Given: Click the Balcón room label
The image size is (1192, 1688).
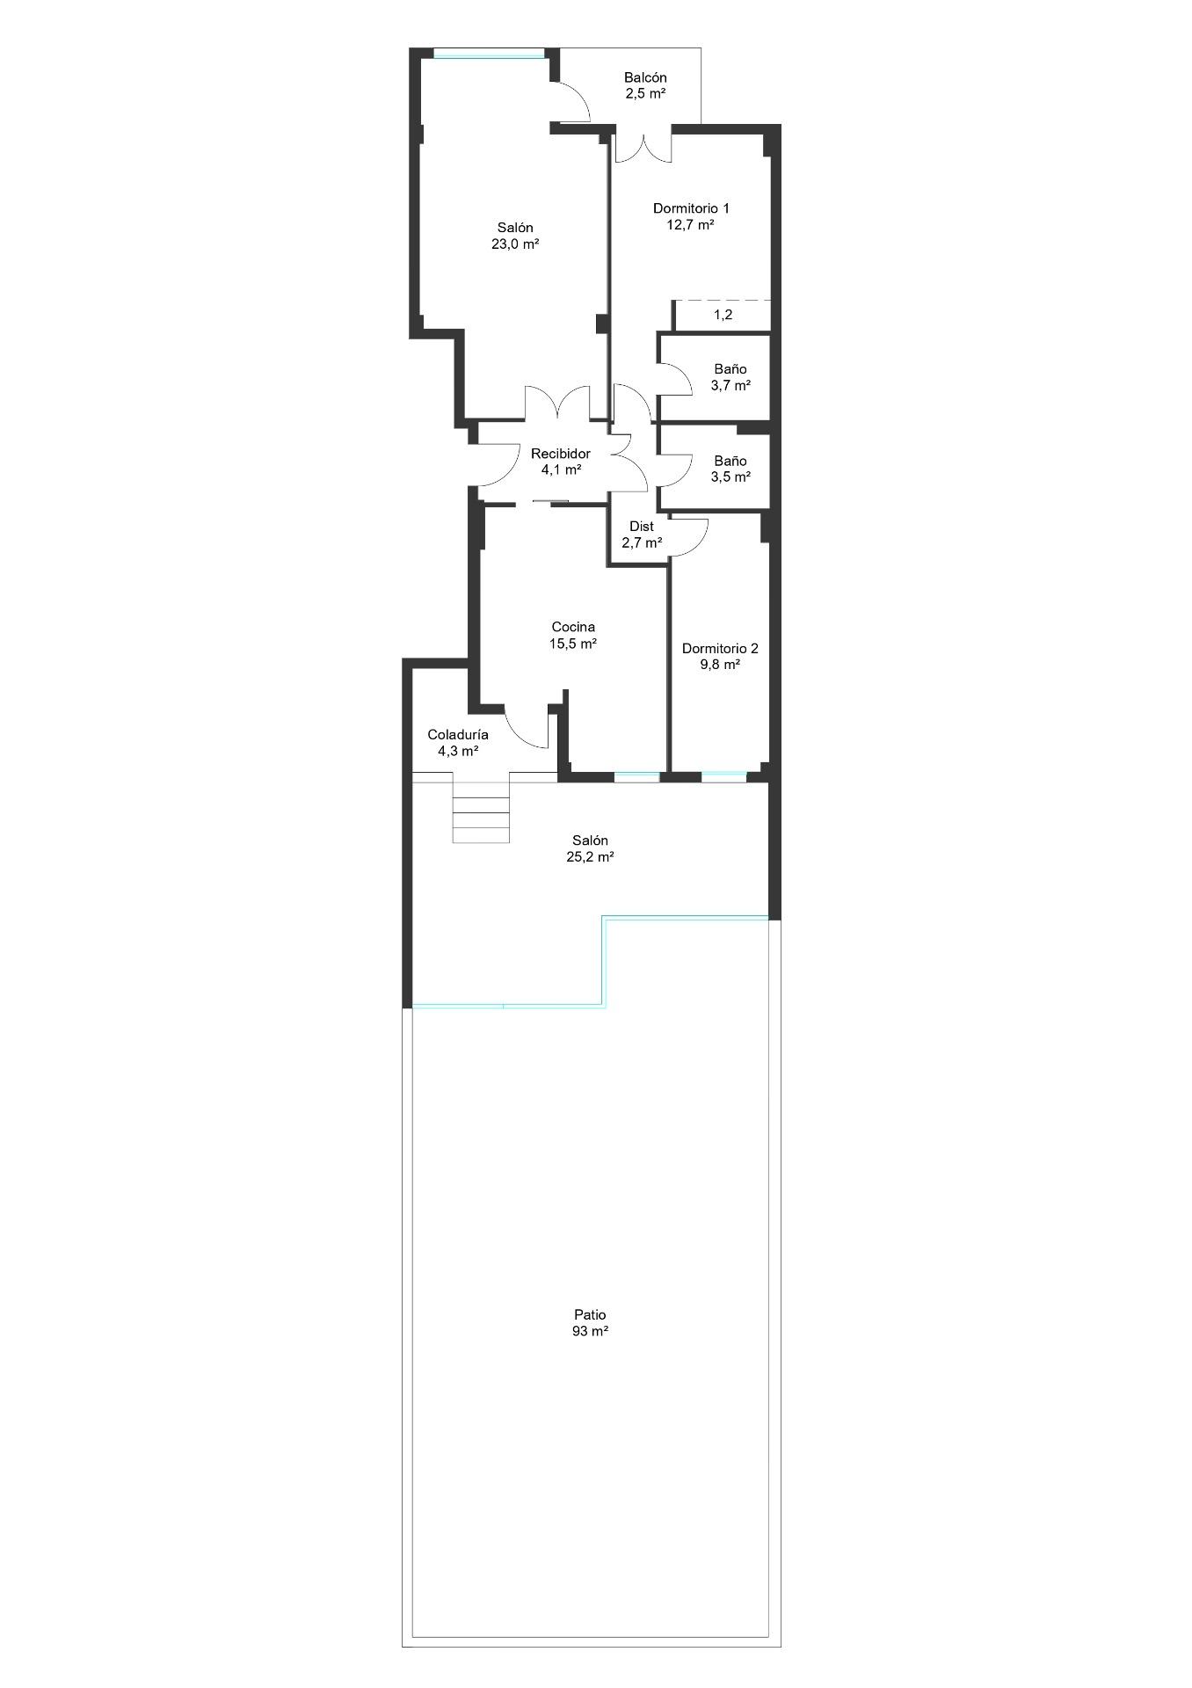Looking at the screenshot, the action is (645, 77).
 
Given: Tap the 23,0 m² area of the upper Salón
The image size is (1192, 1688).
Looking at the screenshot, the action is (515, 244).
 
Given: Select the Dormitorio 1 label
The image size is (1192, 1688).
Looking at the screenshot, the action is (691, 208).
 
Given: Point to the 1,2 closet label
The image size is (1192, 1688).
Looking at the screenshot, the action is (723, 315).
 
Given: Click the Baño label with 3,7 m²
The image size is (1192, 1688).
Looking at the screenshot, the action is (730, 369).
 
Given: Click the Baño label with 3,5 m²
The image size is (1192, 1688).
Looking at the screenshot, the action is (730, 461).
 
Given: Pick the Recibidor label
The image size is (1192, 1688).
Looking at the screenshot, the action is (561, 454).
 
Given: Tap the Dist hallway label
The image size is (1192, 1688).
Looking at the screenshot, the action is (642, 527).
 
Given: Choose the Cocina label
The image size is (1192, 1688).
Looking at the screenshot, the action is (573, 627).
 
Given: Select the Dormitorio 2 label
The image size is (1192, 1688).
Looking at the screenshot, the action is (720, 649).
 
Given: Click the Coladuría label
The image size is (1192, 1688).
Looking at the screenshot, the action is (458, 735).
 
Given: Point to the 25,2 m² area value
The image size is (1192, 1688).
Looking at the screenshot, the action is (590, 856).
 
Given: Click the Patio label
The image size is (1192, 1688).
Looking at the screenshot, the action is (590, 1315).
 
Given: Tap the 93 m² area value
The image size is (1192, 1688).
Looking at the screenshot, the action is (590, 1331).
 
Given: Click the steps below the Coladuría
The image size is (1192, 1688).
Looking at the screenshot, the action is (481, 808).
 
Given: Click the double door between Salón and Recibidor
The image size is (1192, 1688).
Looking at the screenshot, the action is (558, 403).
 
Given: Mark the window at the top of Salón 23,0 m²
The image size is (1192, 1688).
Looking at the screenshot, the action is (489, 56).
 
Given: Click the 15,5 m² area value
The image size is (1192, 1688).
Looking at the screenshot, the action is (573, 644).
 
